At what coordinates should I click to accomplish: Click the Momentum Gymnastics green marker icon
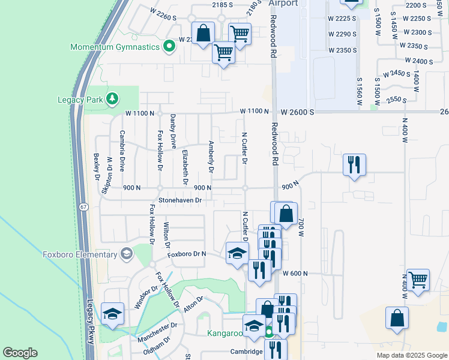tap(169, 46)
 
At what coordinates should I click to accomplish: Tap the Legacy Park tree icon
tap(112, 98)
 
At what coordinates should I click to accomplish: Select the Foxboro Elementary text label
tap(79, 254)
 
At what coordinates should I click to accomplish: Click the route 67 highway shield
tap(84, 206)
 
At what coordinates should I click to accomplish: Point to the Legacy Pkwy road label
tap(89, 321)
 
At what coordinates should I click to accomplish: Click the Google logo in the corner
tap(20, 353)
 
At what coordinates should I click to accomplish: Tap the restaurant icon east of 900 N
tap(354, 164)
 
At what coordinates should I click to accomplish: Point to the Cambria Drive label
tap(122, 151)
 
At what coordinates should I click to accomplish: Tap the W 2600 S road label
tap(297, 112)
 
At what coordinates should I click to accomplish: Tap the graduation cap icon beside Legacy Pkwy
tap(112, 314)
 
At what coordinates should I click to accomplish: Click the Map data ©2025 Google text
tap(411, 355)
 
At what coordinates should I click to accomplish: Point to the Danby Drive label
tap(173, 131)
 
